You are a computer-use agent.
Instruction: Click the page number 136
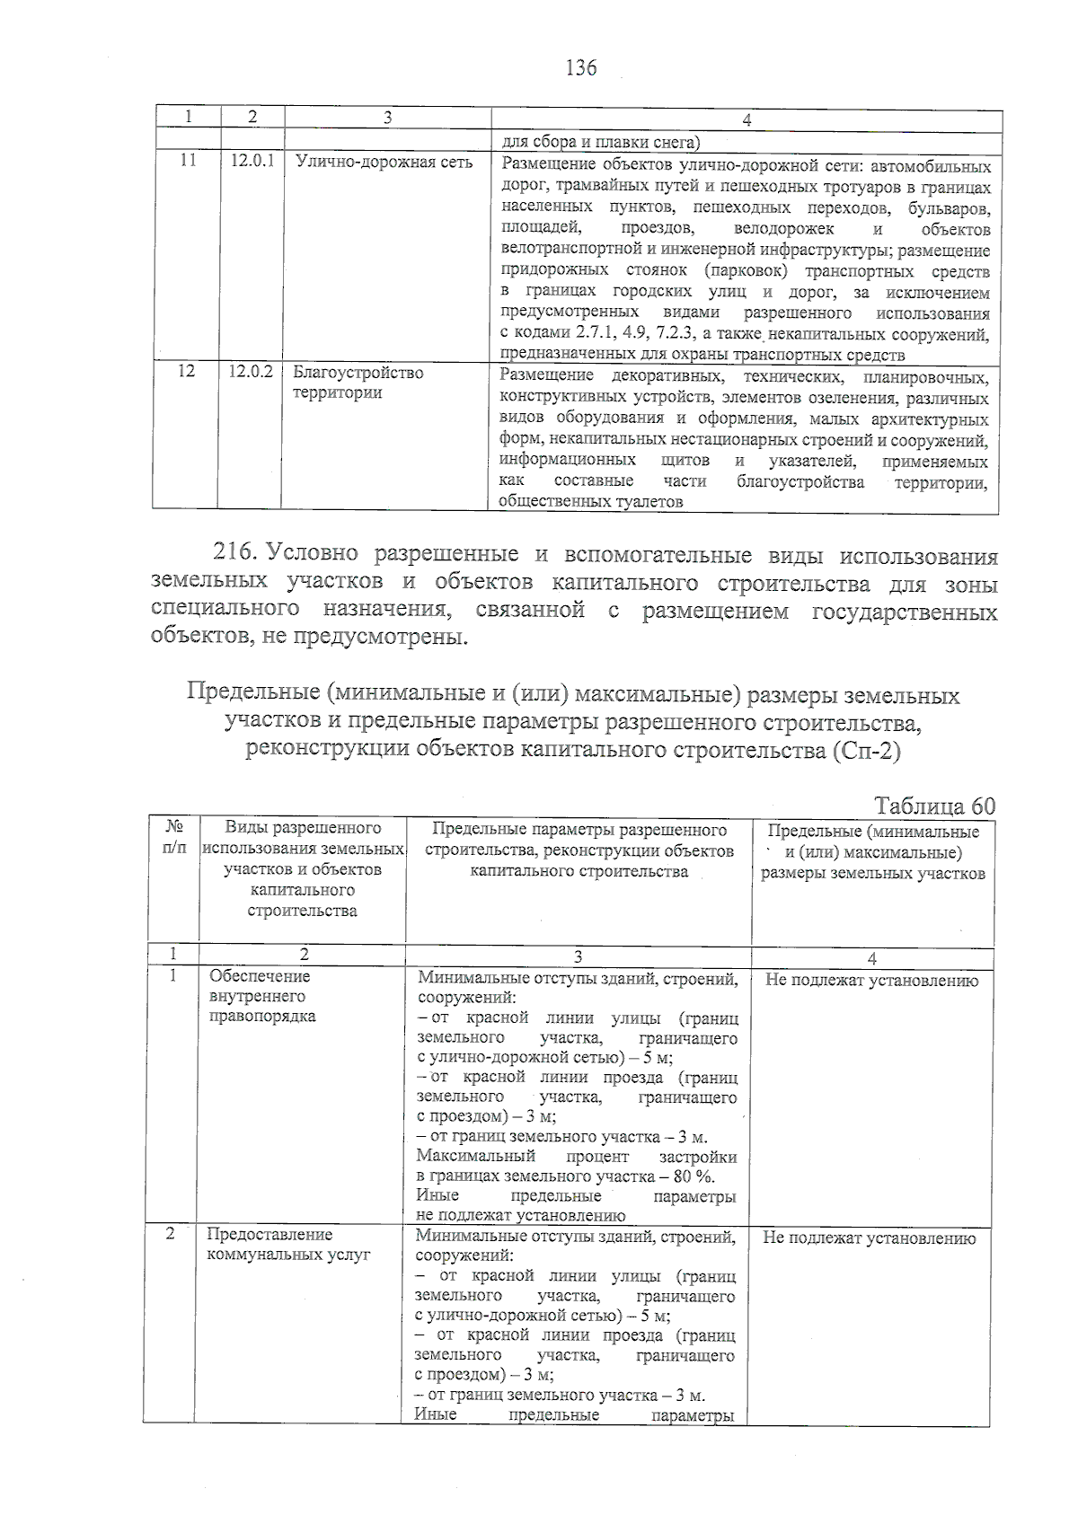coord(581,67)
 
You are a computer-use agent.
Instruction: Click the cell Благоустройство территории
coord(358,383)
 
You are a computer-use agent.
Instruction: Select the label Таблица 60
coord(934,806)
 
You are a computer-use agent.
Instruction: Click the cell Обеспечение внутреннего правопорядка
coord(261,997)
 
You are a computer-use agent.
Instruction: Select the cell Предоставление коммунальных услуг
coord(288,1246)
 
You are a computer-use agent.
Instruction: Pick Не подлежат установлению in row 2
coord(869,1239)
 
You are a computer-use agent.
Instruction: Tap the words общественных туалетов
coord(590,503)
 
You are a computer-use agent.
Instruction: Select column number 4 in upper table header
coord(747,120)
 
